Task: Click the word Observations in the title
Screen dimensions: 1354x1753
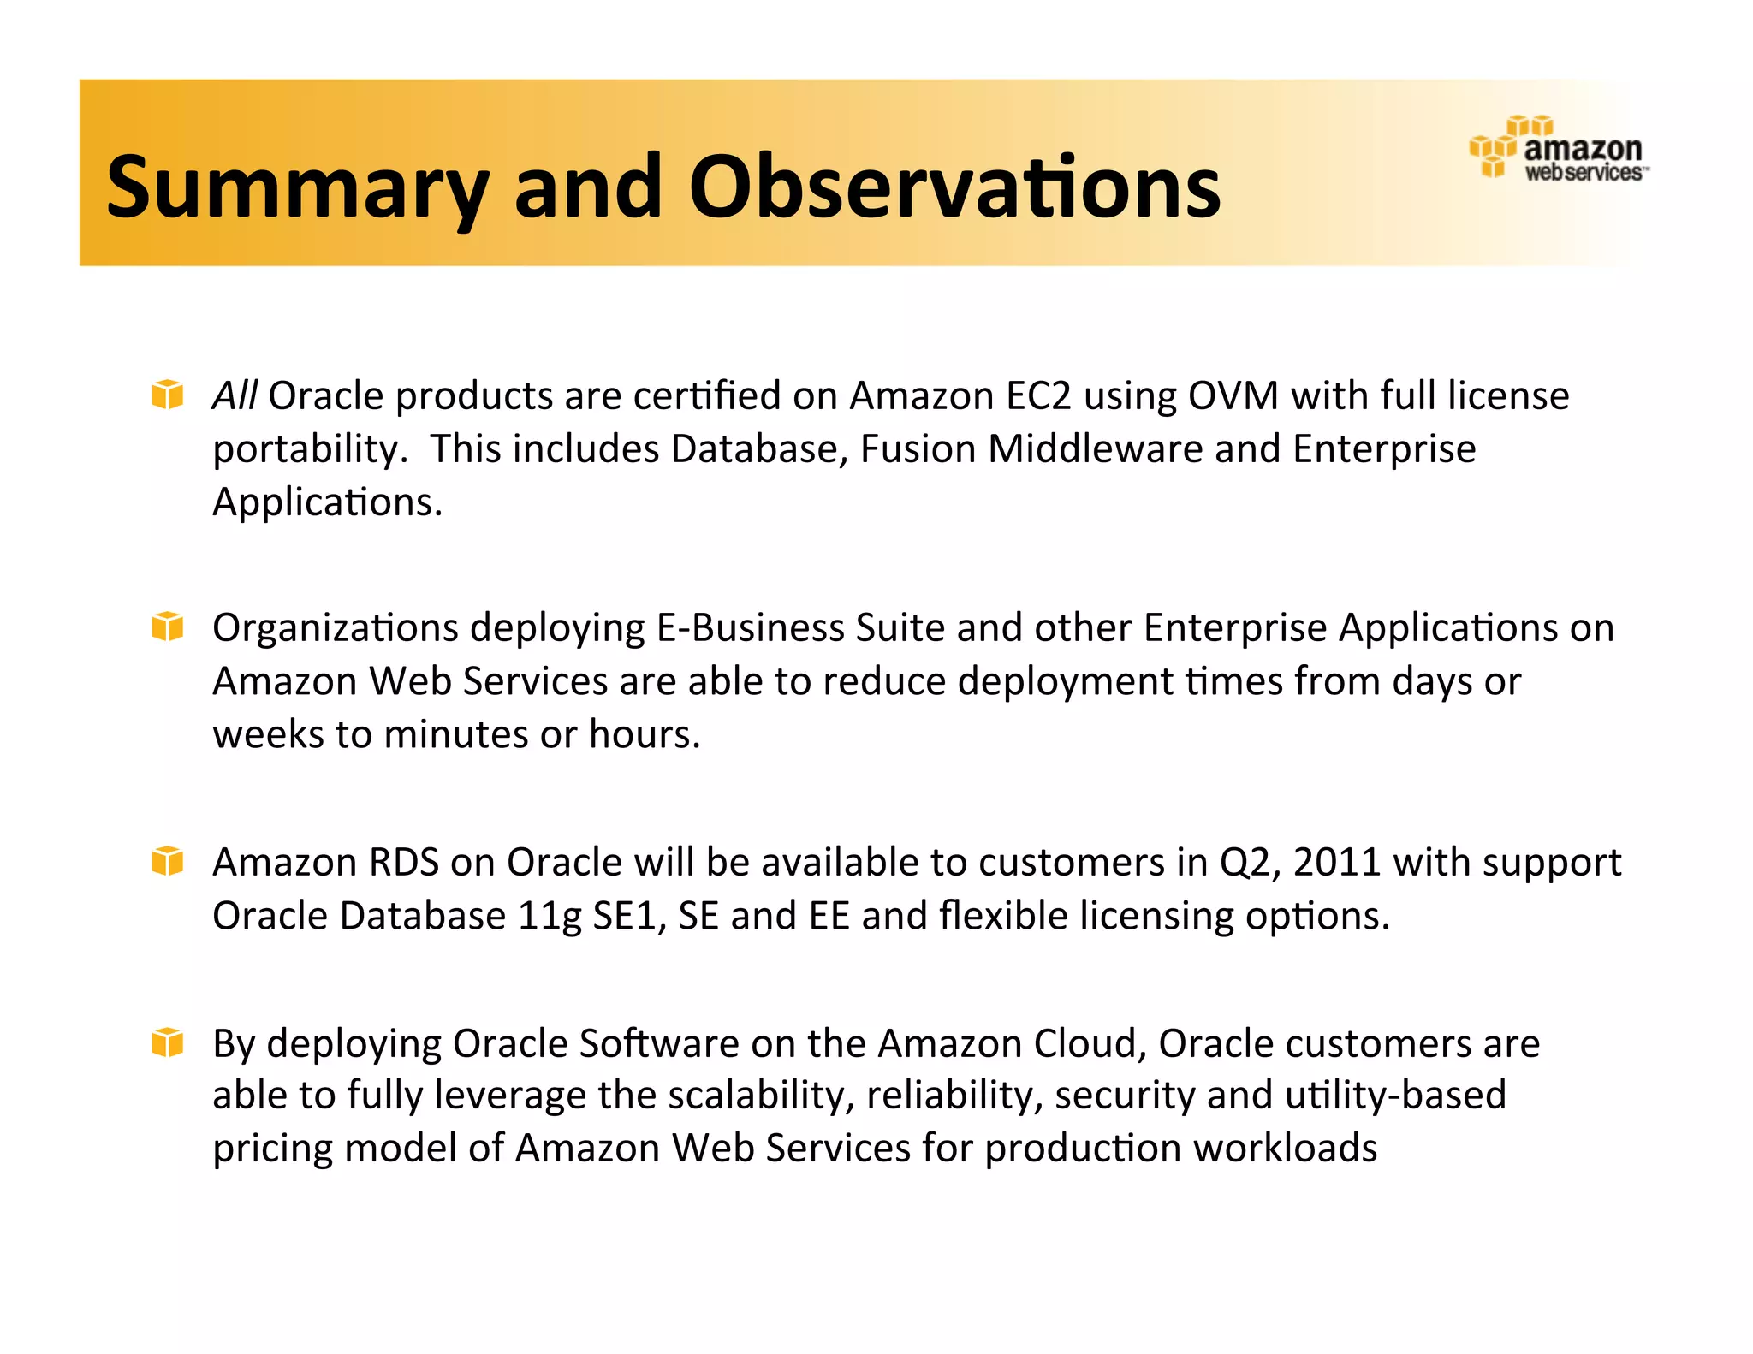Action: [954, 187]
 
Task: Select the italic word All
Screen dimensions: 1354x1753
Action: [235, 395]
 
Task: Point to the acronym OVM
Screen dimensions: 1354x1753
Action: [1233, 395]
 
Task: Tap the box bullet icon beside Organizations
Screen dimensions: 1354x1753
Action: [167, 627]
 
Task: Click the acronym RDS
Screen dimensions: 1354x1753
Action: [403, 862]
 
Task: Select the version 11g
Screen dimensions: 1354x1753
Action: [550, 916]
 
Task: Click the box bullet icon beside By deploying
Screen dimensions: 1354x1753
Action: [167, 1042]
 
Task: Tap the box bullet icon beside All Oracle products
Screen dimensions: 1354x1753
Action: [167, 395]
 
